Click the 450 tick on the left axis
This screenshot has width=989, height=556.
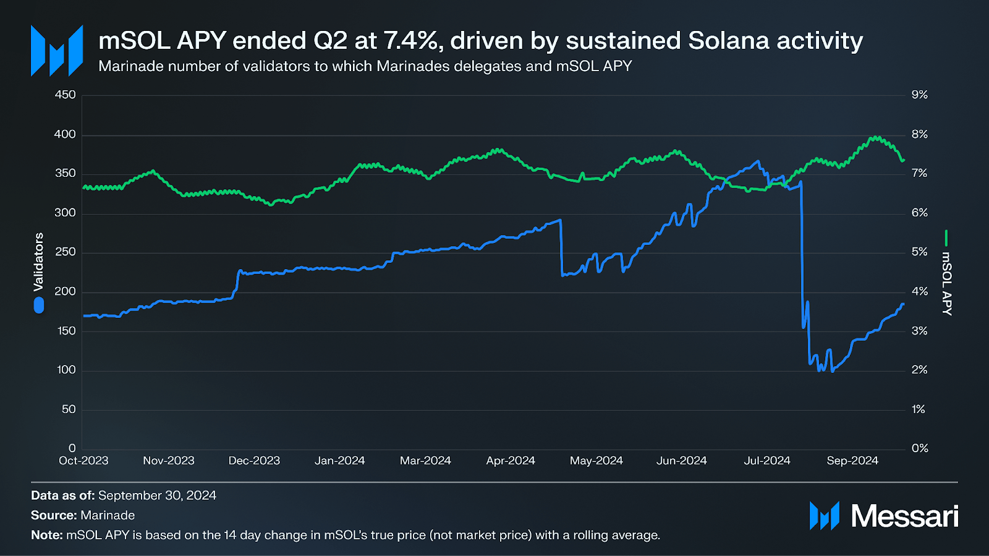tap(65, 95)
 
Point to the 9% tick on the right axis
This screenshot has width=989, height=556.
tap(919, 95)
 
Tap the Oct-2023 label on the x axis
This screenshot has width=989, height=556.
tap(83, 461)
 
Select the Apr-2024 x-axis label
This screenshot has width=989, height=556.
tap(511, 461)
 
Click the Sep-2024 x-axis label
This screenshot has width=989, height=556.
tap(852, 461)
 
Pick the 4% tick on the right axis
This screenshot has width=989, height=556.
tap(919, 291)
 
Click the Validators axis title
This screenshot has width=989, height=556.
tap(39, 262)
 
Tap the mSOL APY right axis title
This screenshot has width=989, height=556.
tap(946, 283)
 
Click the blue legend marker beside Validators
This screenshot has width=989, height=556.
tap(39, 305)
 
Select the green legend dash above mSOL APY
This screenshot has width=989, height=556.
tap(946, 238)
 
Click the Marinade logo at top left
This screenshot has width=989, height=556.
tap(57, 51)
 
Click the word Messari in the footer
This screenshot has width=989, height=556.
tap(904, 516)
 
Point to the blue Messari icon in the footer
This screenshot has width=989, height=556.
tap(824, 516)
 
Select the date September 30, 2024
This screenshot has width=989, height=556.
tap(157, 495)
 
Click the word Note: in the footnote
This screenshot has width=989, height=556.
tap(47, 535)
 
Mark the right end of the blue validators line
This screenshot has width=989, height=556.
tap(903, 304)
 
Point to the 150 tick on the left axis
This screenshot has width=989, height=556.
tap(66, 331)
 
